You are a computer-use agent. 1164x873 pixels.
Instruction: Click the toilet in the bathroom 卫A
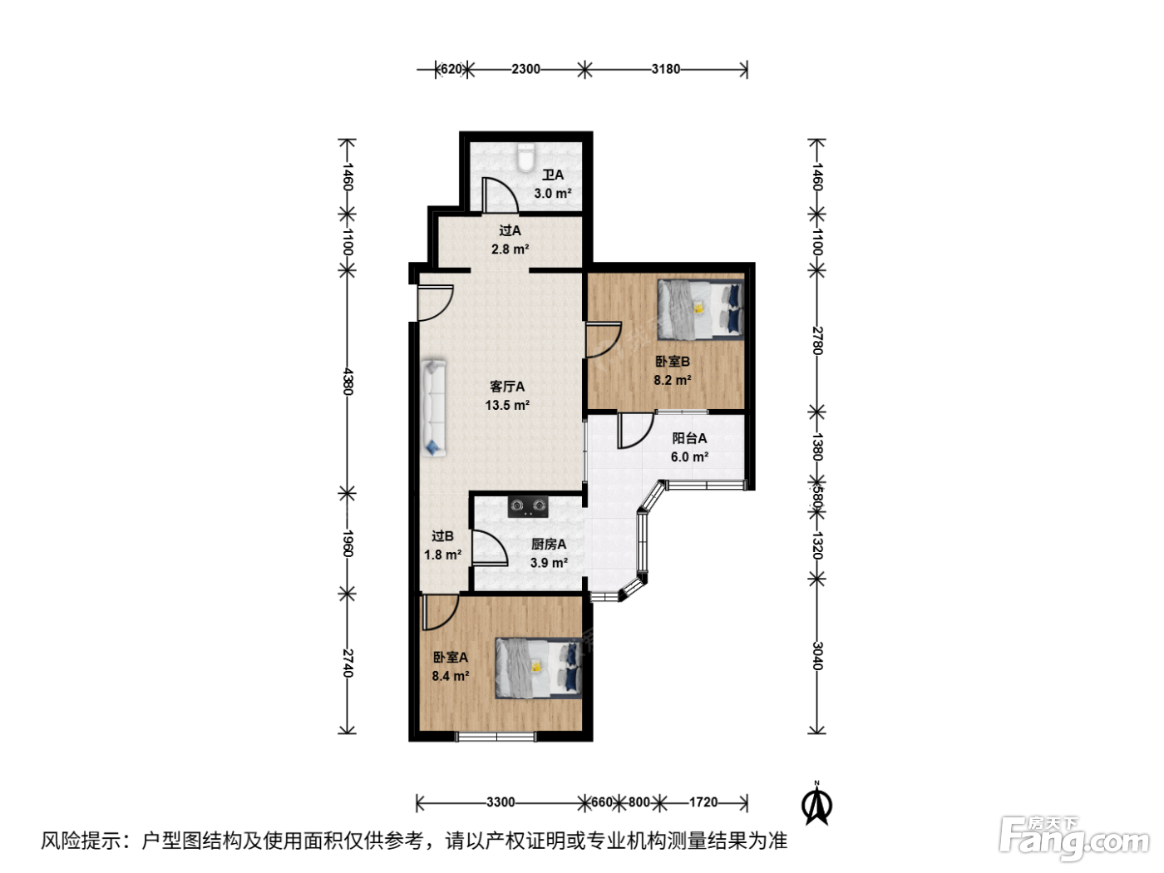coord(526,157)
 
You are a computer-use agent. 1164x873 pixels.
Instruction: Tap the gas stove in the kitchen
coord(528,506)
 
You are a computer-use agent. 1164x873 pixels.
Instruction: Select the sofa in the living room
coord(434,408)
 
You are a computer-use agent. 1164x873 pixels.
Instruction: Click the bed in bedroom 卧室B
coord(701,309)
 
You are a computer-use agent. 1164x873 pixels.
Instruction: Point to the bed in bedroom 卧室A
coord(539,668)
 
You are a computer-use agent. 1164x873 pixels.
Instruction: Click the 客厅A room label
coord(507,387)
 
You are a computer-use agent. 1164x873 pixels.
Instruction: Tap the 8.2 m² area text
coord(672,380)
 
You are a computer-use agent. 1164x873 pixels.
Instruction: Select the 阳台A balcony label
coord(689,438)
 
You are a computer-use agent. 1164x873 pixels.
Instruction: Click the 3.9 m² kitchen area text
coord(549,562)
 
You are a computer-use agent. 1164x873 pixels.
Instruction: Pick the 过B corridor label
coord(442,536)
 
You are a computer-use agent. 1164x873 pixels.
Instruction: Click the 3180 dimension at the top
coord(665,69)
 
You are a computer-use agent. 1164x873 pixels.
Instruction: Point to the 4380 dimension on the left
coord(348,382)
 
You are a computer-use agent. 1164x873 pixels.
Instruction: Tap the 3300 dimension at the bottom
coord(501,802)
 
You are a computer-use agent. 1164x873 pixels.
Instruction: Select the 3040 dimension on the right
coord(817,656)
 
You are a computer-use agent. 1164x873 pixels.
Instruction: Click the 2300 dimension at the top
coord(525,69)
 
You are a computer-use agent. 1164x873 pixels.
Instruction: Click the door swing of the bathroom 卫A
coord(500,195)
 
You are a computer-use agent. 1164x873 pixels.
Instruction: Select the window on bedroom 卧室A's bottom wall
coord(496,737)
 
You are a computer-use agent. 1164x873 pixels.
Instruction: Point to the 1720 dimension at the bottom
coord(703,802)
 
